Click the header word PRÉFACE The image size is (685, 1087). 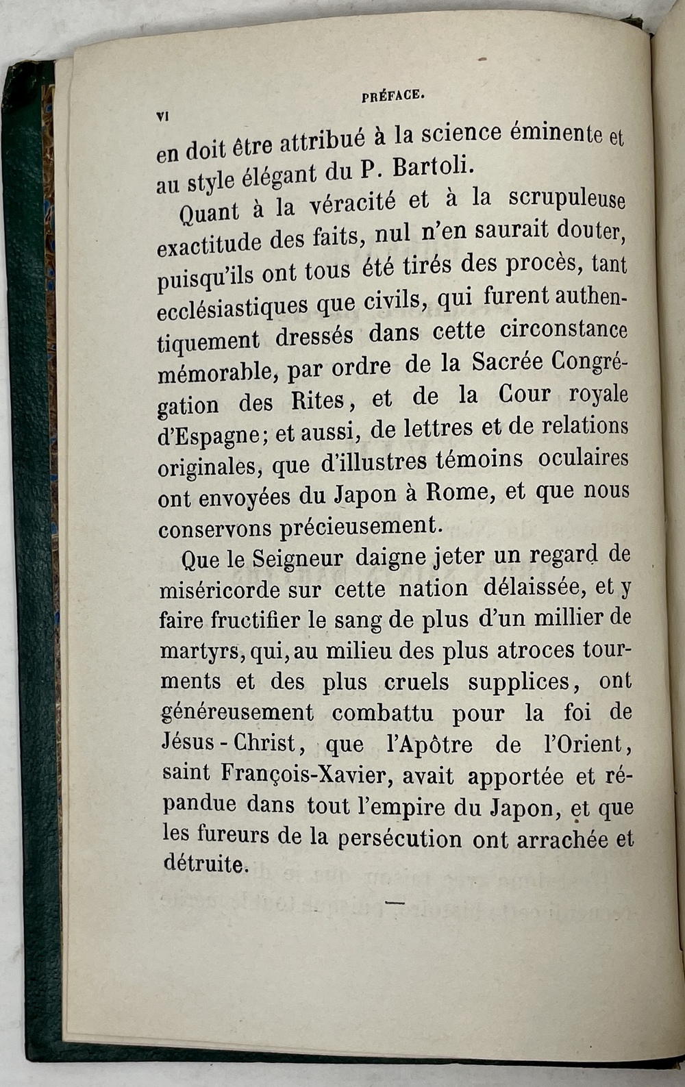point(393,97)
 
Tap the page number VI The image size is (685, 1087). point(163,116)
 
